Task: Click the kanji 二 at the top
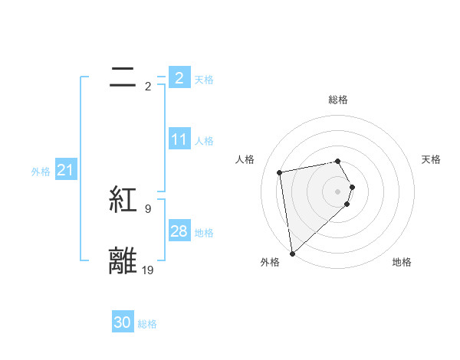[x=123, y=77]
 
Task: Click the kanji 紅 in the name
[x=123, y=200]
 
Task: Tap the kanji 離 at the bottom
[x=123, y=260]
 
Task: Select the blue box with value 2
[x=179, y=77]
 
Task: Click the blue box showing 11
[x=179, y=139]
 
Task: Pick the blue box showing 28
[x=179, y=231]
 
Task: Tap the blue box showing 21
[x=65, y=171]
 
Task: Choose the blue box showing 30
[x=123, y=322]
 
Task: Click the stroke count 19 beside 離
[x=148, y=270]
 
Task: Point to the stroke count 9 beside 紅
[x=148, y=208]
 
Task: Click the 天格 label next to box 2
[x=204, y=79]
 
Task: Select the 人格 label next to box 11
[x=204, y=141]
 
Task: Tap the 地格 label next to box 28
[x=204, y=233]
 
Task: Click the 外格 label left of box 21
[x=41, y=172]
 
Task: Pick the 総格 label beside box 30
[x=147, y=324]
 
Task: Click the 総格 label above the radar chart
[x=338, y=100]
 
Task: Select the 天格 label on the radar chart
[x=431, y=159]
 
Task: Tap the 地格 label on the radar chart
[x=402, y=262]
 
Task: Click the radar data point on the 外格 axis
[x=292, y=253]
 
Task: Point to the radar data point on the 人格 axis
[x=280, y=172]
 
